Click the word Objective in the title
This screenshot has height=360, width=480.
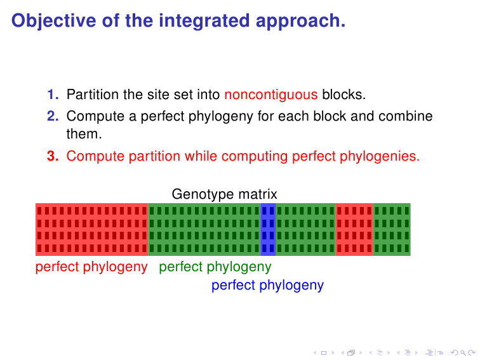[54, 21]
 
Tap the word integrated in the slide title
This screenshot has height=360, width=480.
[204, 20]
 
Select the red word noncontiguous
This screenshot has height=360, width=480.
[271, 95]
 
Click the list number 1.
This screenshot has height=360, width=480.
[53, 94]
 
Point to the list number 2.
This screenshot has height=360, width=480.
[53, 116]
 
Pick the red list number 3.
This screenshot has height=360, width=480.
[53, 156]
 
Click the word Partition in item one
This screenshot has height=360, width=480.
[93, 94]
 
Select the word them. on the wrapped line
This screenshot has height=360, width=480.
[84, 134]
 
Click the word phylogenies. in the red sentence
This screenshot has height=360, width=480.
[380, 156]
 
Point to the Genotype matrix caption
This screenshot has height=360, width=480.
[224, 194]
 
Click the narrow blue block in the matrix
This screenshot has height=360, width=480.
[268, 229]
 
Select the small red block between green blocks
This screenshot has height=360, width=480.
[354, 229]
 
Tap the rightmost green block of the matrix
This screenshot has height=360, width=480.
[392, 229]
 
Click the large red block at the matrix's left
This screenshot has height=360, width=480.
[92, 229]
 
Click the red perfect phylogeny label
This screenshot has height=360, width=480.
[91, 267]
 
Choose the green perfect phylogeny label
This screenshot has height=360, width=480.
[215, 267]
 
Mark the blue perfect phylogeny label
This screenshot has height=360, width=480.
[267, 285]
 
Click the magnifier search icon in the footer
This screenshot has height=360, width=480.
[463, 353]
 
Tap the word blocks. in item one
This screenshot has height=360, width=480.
[343, 94]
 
